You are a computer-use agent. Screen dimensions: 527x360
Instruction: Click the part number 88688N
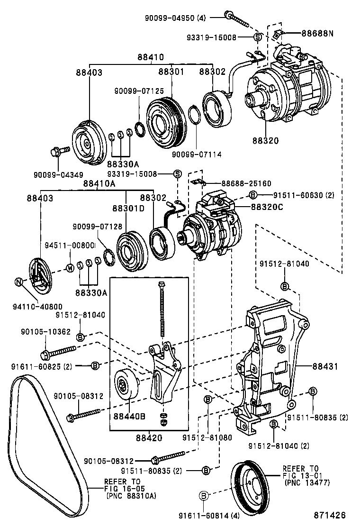point(318,34)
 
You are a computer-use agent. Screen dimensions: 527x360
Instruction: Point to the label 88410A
point(99,183)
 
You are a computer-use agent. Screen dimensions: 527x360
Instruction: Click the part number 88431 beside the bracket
point(325,366)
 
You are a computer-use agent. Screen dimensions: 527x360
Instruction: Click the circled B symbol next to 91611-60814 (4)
point(204,496)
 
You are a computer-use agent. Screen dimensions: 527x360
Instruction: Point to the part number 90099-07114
point(197,154)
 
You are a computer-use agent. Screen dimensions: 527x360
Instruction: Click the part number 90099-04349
point(58,175)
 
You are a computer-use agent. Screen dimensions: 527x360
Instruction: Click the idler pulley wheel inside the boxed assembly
point(126,386)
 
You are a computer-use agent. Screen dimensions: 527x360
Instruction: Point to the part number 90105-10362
point(46,332)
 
